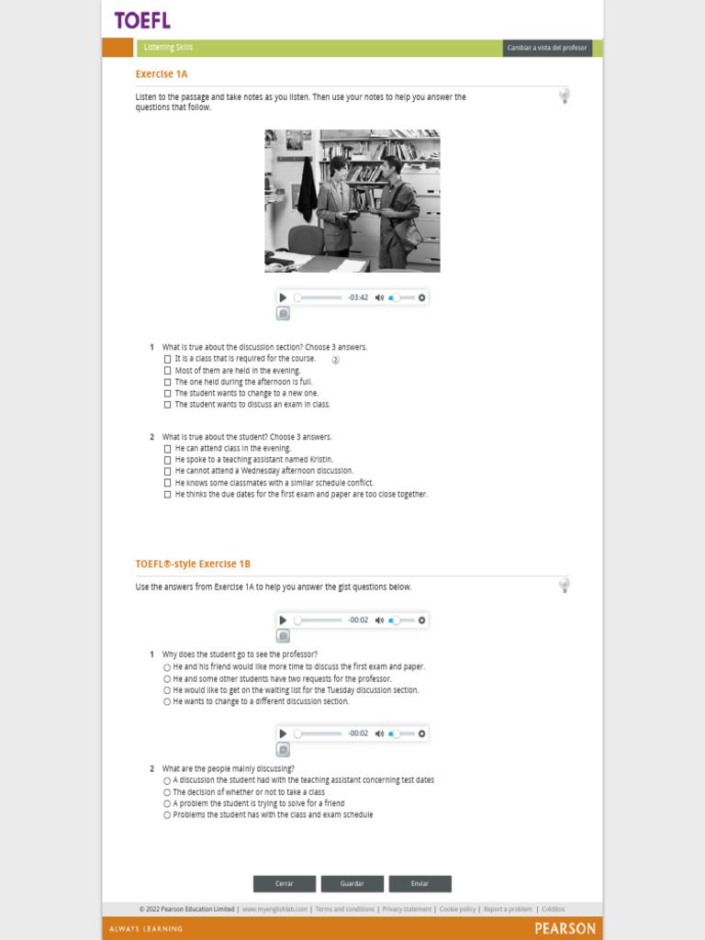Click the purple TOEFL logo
click(x=142, y=20)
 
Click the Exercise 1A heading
click(x=162, y=74)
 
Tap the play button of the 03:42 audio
click(x=283, y=297)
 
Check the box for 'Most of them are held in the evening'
click(x=167, y=371)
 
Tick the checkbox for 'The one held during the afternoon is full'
click(x=167, y=382)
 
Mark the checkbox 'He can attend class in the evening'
click(x=167, y=449)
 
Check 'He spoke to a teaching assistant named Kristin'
click(x=167, y=460)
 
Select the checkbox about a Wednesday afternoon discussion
click(x=167, y=471)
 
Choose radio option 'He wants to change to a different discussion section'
click(x=167, y=701)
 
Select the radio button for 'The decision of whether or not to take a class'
click(x=167, y=792)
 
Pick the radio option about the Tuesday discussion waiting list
click(x=167, y=690)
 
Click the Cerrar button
click(x=285, y=884)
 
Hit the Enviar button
click(x=420, y=884)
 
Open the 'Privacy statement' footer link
click(x=407, y=909)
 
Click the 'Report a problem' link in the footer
click(x=508, y=909)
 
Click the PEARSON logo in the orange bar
click(x=565, y=928)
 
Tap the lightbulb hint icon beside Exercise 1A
click(x=565, y=95)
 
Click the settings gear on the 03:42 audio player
click(x=421, y=297)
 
